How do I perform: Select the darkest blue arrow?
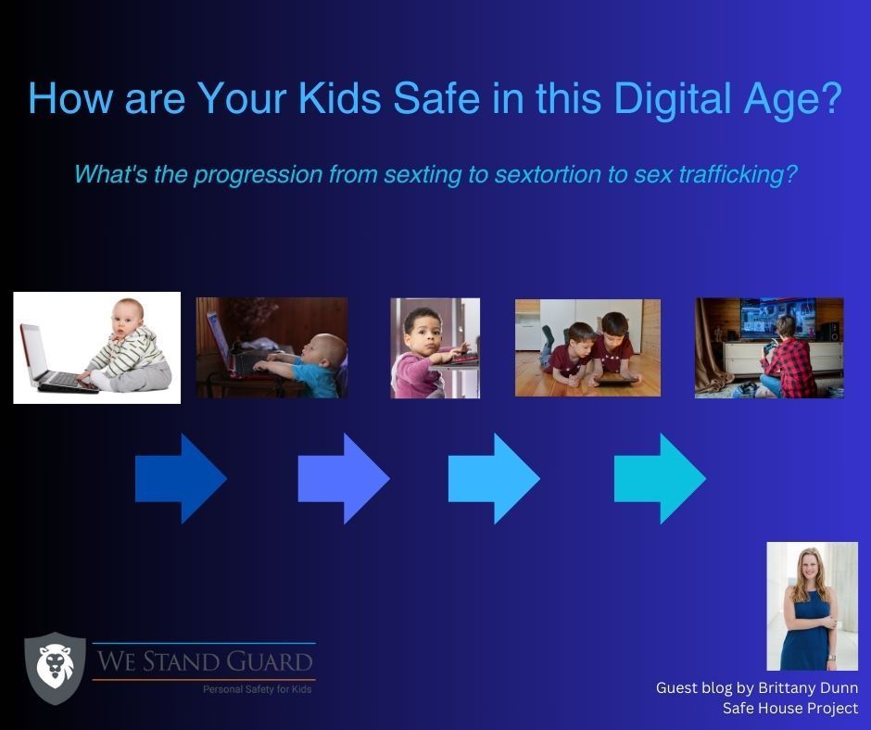[x=181, y=478]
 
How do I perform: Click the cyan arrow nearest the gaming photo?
[x=660, y=478]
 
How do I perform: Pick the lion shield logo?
[x=56, y=668]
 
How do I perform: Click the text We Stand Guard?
[x=205, y=661]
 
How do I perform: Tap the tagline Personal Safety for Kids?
[x=258, y=689]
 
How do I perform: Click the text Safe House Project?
[x=789, y=709]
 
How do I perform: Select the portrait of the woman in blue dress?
[x=812, y=606]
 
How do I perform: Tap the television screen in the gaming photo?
[x=777, y=319]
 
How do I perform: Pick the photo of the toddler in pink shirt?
[x=435, y=347]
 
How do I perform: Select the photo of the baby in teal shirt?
[x=272, y=347]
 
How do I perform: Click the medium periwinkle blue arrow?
[x=344, y=478]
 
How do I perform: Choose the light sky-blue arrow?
[x=494, y=478]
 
